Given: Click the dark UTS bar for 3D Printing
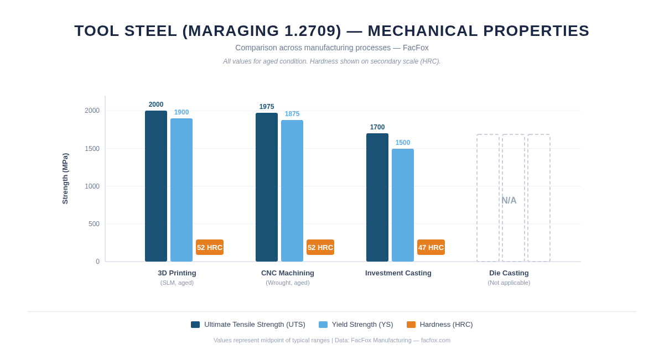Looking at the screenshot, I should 156,186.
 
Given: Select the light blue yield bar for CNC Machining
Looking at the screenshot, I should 292,191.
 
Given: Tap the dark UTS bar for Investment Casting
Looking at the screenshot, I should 377,197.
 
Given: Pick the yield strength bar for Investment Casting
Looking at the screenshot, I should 403,205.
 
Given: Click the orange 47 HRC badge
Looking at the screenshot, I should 431,247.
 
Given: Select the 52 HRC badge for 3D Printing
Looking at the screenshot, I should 210,247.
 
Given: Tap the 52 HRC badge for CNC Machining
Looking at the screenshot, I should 320,247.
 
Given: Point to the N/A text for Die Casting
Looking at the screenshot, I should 509,200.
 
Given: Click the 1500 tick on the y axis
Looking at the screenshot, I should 92,149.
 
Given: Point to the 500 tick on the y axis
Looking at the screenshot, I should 94,224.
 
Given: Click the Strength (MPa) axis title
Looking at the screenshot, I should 65,179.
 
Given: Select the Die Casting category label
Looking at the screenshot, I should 509,273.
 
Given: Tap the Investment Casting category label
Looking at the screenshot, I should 398,273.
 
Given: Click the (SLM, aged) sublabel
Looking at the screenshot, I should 177,283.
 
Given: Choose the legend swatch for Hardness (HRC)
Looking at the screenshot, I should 411,325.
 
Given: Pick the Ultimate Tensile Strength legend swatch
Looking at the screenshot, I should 195,325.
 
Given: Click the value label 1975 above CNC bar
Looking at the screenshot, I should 267,107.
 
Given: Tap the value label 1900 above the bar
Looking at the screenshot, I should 181,112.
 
